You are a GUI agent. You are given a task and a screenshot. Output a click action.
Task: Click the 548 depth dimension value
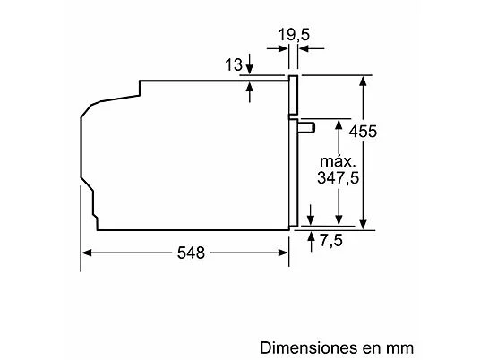(x=189, y=253)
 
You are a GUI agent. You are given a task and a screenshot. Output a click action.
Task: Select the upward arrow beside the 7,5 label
(x=311, y=237)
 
